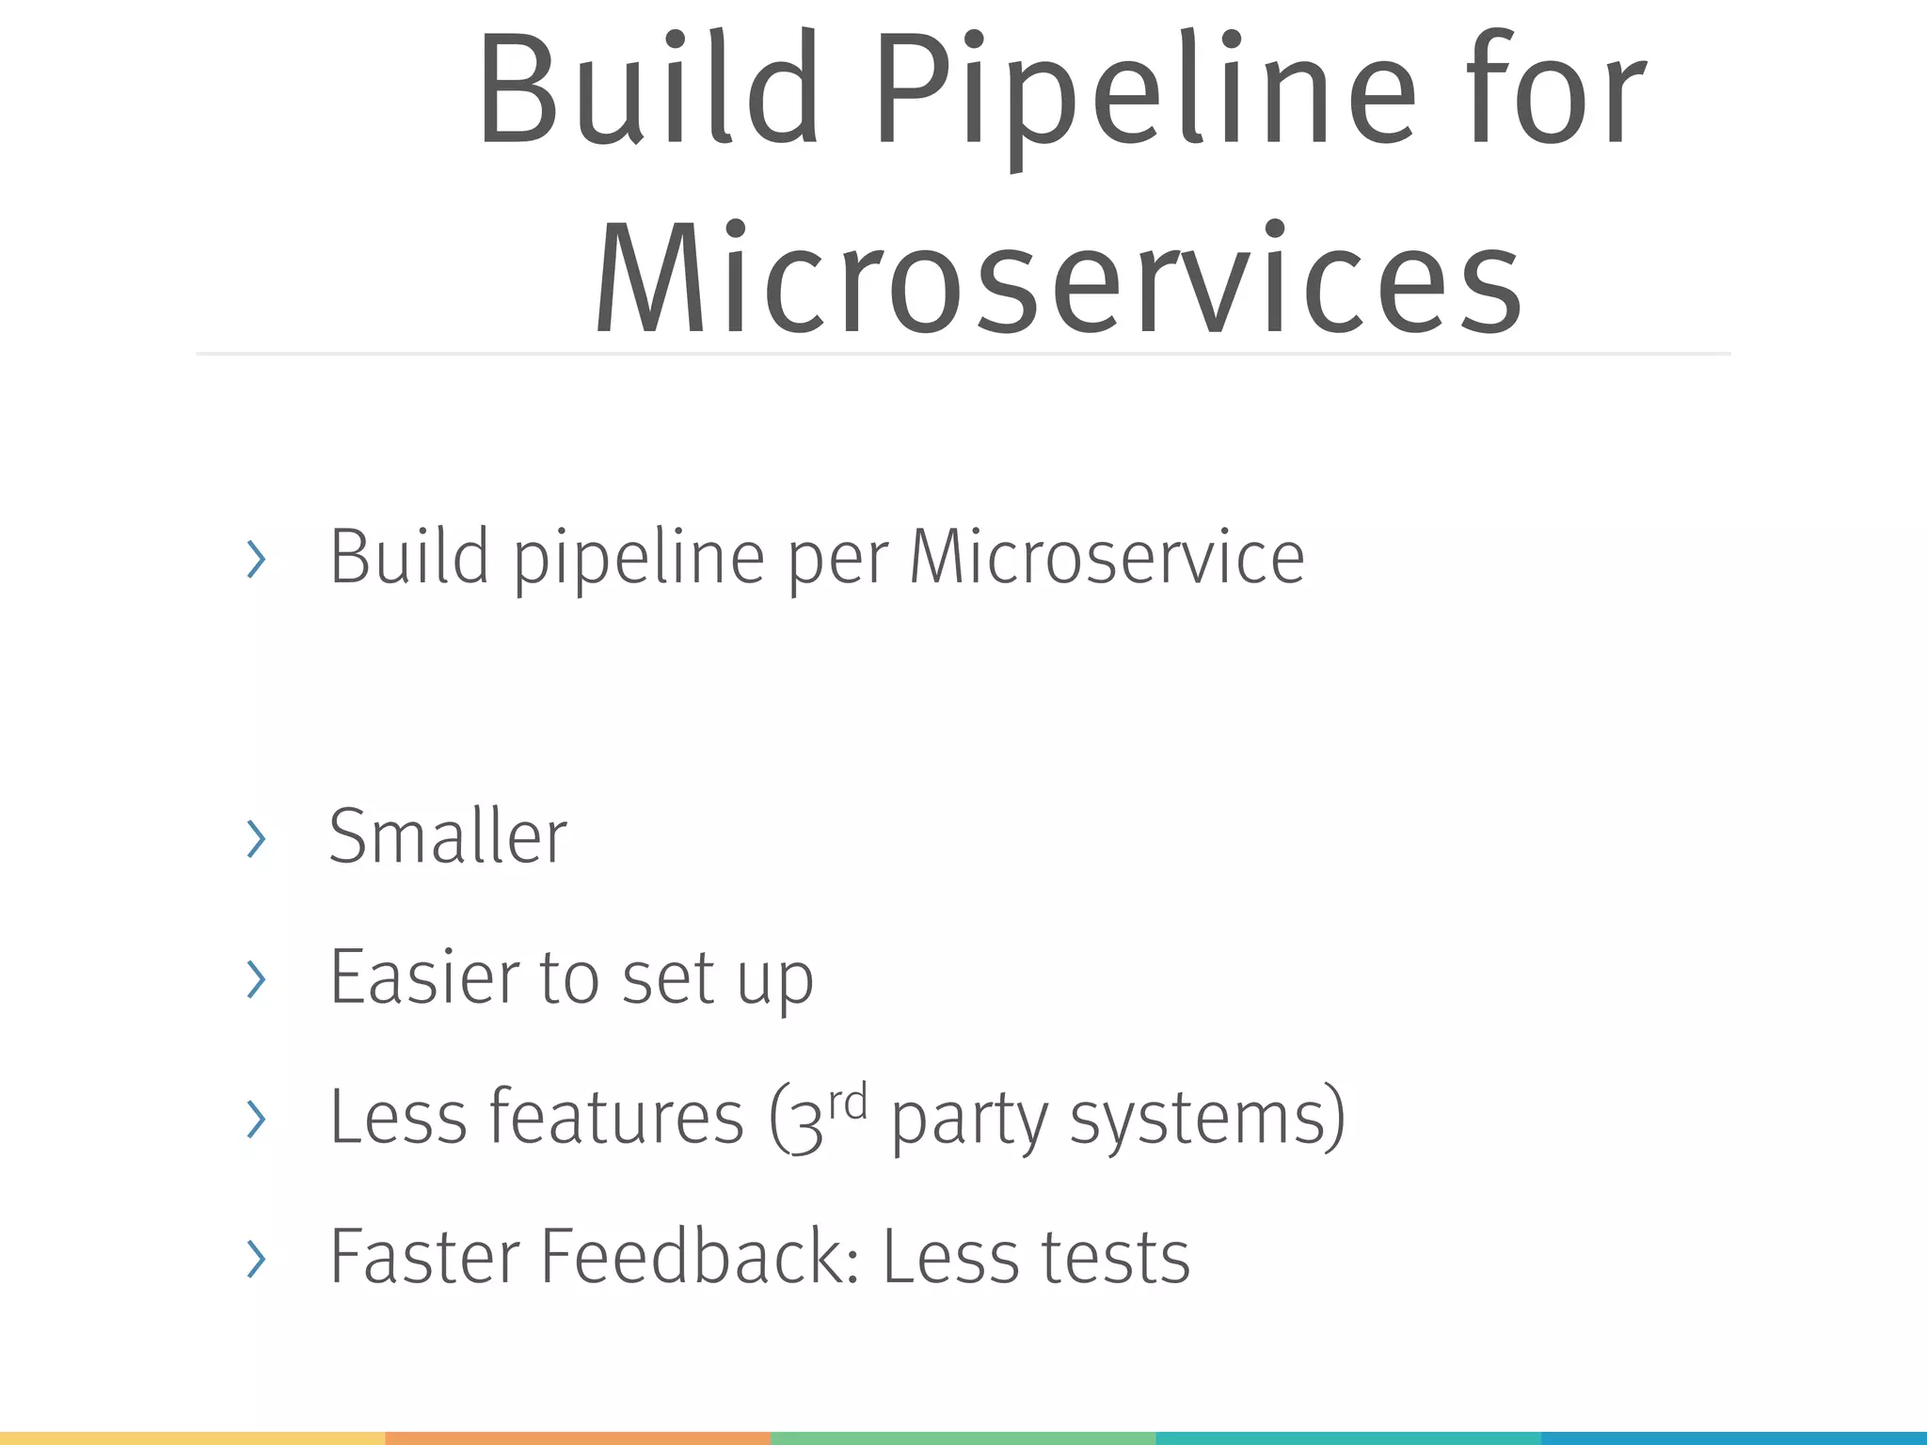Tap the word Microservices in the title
1058,280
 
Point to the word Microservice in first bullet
1107,557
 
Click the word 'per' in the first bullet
837,561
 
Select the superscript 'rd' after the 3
848,1102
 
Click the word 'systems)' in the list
1208,1119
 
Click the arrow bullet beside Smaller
255,838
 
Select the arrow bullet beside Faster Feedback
255,1259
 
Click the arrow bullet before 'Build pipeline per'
255,560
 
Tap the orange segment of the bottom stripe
578,1437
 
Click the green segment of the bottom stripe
962,1437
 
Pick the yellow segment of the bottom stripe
192,1437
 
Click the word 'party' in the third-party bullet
969,1121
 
